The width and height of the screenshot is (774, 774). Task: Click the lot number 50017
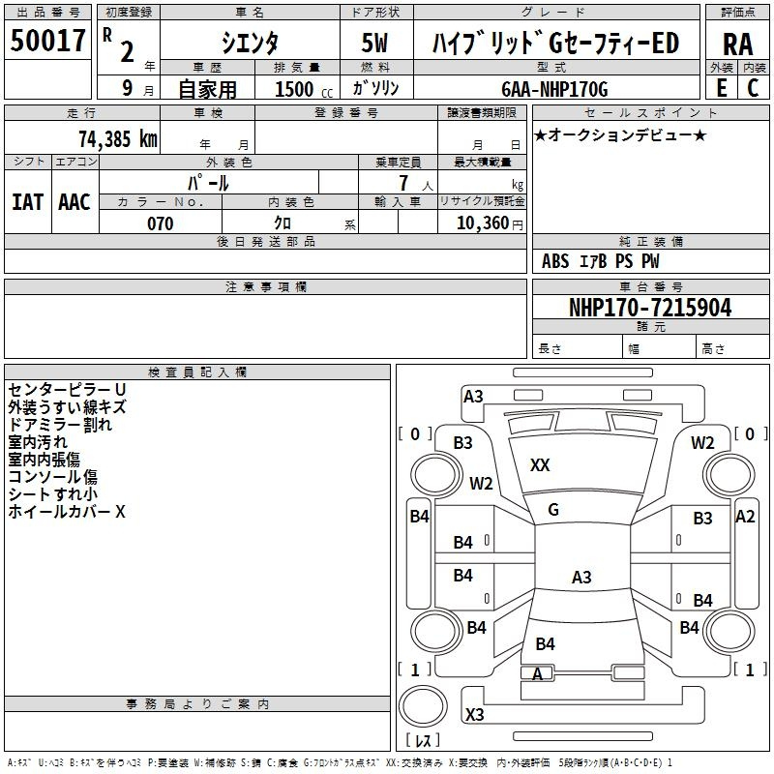[47, 40]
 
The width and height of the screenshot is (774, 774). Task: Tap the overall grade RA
[738, 45]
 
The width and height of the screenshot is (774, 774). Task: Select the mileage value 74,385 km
[118, 138]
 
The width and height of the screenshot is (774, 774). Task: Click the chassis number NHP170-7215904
[650, 307]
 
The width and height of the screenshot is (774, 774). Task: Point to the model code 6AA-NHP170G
[554, 89]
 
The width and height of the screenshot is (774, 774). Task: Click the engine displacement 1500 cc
[304, 89]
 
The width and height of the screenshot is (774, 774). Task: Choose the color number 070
[161, 223]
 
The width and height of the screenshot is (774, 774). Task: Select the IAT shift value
[28, 202]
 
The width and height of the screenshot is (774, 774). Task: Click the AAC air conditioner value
[74, 202]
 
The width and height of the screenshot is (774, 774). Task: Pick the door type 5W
[374, 43]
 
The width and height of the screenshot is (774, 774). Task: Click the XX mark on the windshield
[540, 464]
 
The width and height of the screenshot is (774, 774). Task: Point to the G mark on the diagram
[553, 509]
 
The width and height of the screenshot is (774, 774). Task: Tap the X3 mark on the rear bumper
[474, 714]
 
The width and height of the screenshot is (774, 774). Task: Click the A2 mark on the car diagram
[745, 517]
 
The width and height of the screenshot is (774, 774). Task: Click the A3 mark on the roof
[581, 577]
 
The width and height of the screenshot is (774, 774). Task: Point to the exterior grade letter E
[722, 88]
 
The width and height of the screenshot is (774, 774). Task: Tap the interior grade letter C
[753, 88]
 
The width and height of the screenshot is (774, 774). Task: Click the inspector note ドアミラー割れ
[60, 425]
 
